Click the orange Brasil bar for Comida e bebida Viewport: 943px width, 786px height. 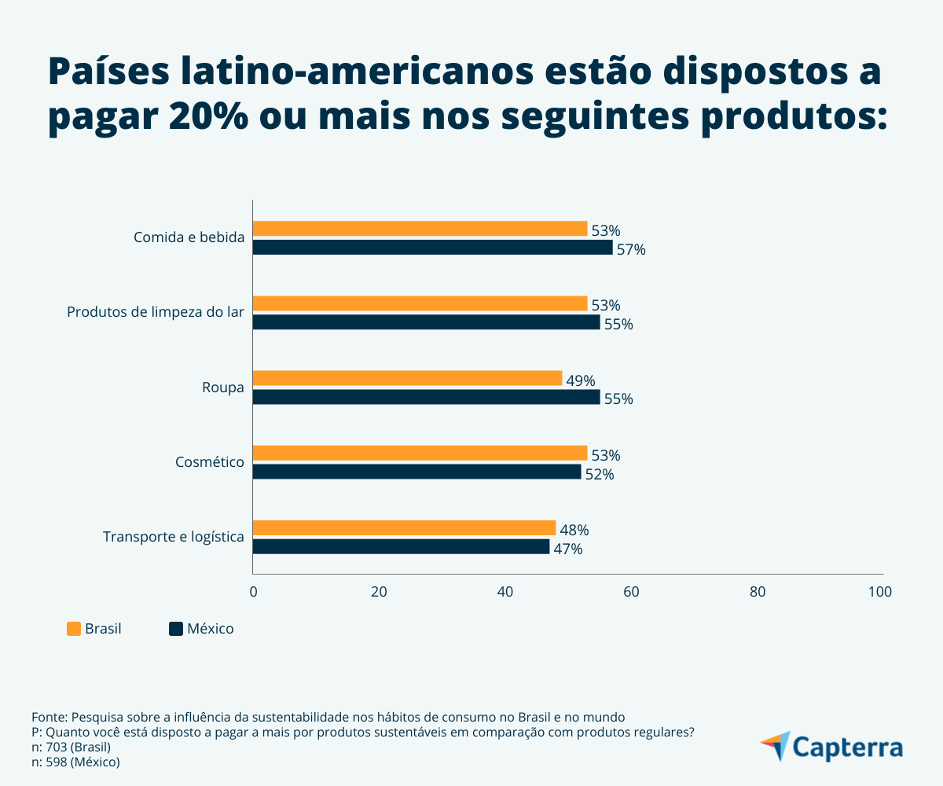coord(420,229)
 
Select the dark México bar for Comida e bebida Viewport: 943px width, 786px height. coord(432,248)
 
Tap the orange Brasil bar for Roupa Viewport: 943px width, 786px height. coord(408,379)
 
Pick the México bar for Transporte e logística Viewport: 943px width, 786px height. coord(401,547)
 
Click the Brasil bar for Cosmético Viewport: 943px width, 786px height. coord(420,454)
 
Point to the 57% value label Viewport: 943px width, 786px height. coord(631,250)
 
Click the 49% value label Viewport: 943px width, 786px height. coord(581,380)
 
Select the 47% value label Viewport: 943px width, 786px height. coord(568,549)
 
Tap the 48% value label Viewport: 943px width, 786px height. coord(574,530)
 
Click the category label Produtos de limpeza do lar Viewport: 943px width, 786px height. coord(156,312)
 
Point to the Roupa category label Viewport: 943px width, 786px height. coord(223,387)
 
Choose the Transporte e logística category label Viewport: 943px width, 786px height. coord(174,537)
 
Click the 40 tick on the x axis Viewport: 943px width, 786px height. coord(505,592)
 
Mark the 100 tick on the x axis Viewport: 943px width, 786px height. coord(880,592)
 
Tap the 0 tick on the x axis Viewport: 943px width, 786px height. coord(253,592)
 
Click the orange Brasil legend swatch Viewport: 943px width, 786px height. coord(74,629)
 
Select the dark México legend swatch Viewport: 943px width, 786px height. coord(176,629)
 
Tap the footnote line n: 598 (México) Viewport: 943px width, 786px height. coord(75,762)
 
